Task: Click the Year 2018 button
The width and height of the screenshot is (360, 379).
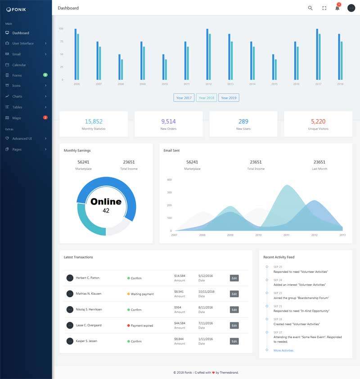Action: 206,98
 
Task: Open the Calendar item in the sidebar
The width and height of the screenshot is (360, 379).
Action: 19,65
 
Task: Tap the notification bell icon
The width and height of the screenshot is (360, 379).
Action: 337,8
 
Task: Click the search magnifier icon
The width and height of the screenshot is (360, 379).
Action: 310,8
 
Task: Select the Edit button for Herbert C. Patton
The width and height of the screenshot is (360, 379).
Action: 234,278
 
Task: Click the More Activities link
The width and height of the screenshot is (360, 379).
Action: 283,350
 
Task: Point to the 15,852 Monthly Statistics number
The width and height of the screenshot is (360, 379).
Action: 94,121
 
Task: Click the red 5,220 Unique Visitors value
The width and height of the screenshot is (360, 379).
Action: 318,121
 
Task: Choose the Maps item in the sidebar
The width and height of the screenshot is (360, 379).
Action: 17,118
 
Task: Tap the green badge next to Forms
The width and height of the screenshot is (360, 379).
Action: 45,75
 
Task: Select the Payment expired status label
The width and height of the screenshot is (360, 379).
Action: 142,325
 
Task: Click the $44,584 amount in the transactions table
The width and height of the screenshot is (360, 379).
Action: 180,323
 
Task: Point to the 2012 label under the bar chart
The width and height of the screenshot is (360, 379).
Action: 208,84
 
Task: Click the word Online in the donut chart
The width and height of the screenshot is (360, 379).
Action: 106,201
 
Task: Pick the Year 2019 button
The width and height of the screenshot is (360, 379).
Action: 229,98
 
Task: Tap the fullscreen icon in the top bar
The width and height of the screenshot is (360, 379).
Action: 324,8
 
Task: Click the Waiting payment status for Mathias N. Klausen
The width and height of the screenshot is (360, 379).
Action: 142,294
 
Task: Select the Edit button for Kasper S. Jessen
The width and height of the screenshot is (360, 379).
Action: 234,341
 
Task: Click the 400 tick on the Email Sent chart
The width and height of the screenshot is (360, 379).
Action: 169,179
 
